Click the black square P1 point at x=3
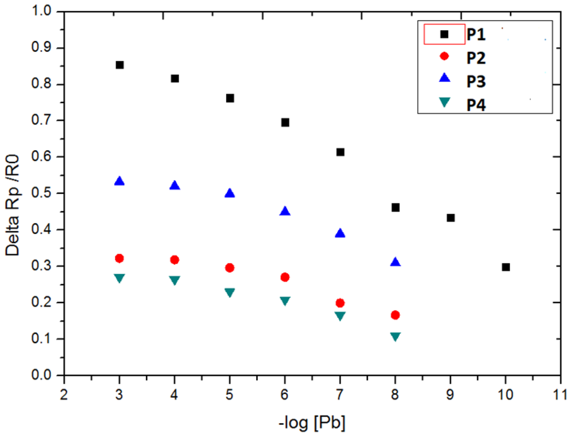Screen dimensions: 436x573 pos(120,65)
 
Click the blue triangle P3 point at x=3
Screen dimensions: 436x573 pos(120,181)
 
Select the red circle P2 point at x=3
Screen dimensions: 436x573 pos(120,258)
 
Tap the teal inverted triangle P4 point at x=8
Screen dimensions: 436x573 pos(395,336)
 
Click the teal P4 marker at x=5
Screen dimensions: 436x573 pos(230,292)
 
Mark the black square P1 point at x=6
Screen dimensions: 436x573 pos(285,123)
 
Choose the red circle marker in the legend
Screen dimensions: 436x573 pos(444,56)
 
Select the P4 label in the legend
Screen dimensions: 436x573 pos(476,105)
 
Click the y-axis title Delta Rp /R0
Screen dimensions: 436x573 pos(12,205)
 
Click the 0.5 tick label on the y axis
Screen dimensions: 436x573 pos(41,193)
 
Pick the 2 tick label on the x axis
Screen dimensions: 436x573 pos(64,395)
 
